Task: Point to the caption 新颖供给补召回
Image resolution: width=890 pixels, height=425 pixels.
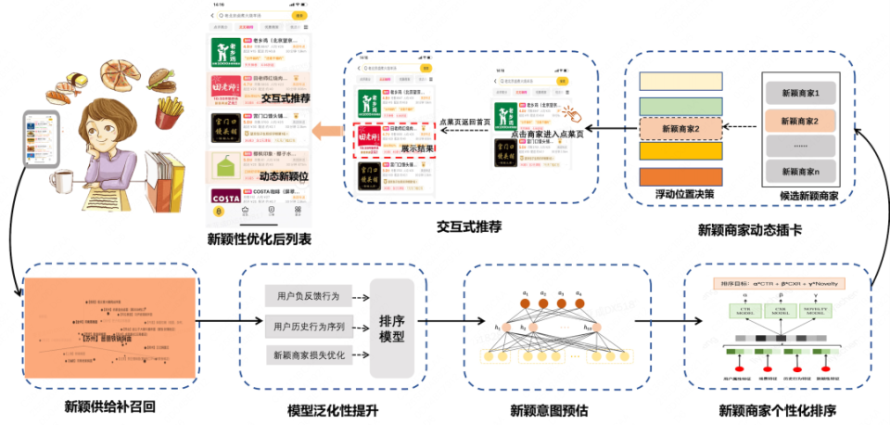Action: pos(104,406)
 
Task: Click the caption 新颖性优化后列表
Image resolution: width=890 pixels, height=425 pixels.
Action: pos(260,240)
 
